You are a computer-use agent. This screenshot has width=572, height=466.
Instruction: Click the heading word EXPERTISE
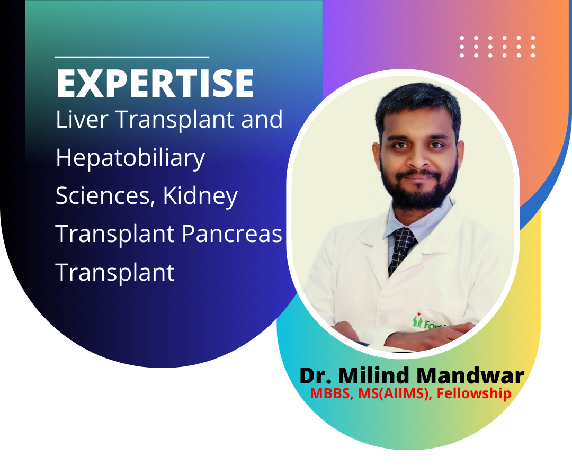(155, 83)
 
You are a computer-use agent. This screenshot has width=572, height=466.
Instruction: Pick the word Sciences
(103, 196)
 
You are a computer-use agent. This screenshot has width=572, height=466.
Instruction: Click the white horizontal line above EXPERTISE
(132, 57)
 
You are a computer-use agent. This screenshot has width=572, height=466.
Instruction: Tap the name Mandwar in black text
(470, 375)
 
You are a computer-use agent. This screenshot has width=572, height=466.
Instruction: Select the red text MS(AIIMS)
(393, 393)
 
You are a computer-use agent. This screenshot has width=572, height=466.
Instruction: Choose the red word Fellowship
(474, 394)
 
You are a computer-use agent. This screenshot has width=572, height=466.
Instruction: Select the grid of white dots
(497, 47)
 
